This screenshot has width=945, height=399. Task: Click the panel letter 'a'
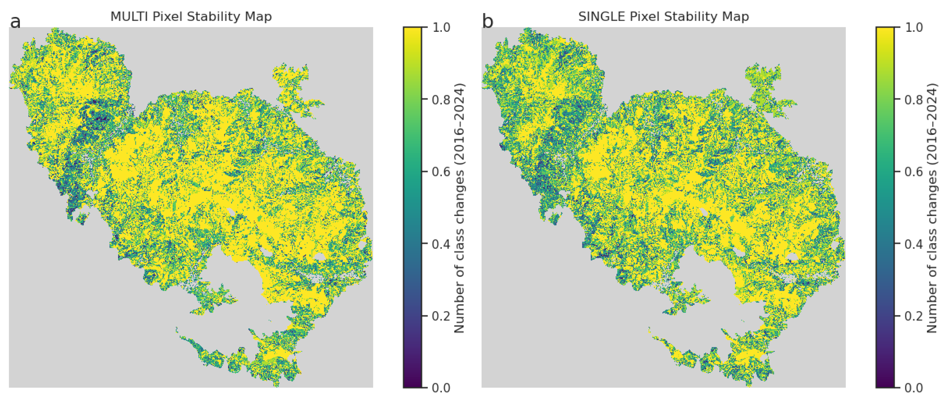[x=15, y=22]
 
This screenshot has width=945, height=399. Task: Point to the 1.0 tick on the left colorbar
[x=442, y=27]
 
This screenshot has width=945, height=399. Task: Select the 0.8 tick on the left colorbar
[x=442, y=100]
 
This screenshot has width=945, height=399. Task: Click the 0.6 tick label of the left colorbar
[x=442, y=172]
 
